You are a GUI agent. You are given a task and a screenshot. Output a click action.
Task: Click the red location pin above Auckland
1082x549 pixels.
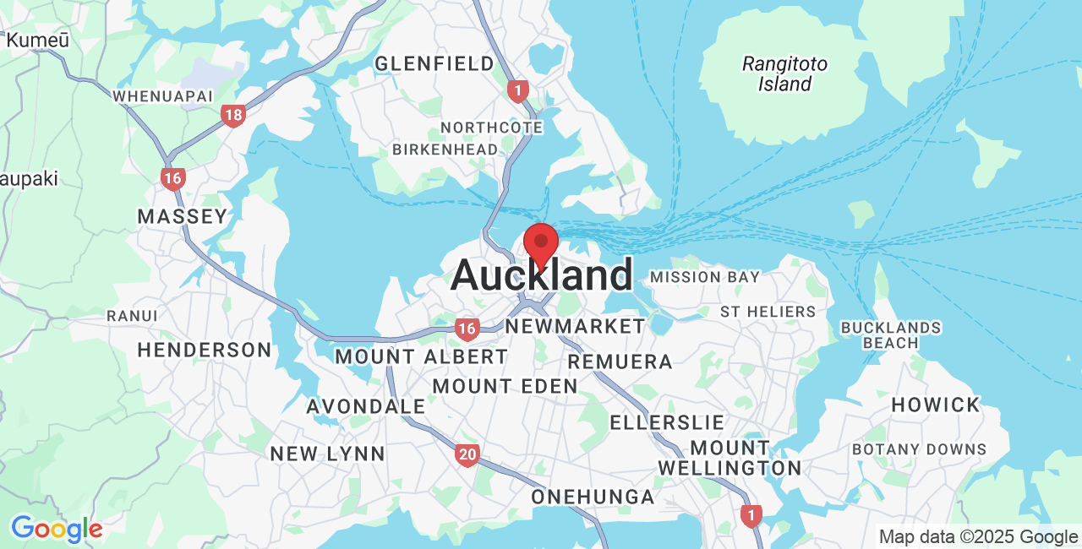point(541,243)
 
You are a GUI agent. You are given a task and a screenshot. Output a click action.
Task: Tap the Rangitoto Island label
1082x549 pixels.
point(784,73)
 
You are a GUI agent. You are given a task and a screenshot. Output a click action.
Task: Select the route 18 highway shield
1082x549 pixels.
point(233,116)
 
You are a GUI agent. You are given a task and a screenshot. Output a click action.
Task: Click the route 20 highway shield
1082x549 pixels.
point(467,455)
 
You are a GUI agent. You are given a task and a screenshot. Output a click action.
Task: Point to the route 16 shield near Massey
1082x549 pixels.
point(173,178)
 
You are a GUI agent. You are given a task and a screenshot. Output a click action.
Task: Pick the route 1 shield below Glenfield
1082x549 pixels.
point(518,90)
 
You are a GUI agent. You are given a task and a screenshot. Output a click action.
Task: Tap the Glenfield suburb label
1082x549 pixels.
point(434,63)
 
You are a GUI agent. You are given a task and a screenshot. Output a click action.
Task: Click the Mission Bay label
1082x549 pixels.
point(705,277)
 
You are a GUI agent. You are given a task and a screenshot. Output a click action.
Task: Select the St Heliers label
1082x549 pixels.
point(768,312)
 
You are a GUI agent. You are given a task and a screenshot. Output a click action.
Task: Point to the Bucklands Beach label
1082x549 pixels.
point(891,335)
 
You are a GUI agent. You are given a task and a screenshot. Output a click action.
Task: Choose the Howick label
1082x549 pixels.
point(935,405)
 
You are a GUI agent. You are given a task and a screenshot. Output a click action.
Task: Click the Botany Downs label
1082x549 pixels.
point(919,449)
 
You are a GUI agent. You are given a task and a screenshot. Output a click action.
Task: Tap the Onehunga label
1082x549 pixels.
point(593,497)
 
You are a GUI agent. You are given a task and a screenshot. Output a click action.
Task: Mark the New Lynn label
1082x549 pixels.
point(327,454)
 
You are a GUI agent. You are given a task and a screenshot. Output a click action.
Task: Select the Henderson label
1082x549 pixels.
point(205,350)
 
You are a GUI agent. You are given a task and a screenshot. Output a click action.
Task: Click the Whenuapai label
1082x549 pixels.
point(163,96)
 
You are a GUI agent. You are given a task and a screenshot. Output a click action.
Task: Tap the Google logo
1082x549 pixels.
point(57,529)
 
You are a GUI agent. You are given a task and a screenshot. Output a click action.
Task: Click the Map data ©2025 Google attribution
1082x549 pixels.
point(978,536)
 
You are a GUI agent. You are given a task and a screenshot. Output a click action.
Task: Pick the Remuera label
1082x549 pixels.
point(620,361)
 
